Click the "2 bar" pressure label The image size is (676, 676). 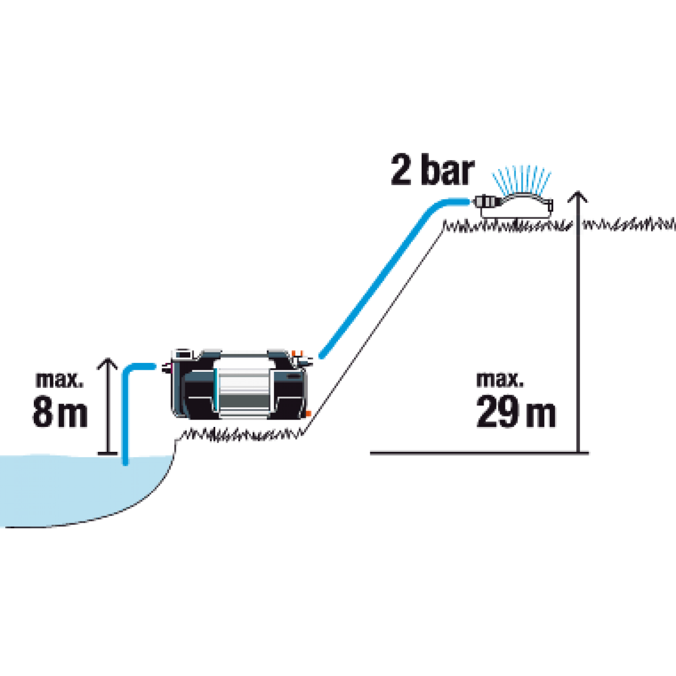tap(433, 170)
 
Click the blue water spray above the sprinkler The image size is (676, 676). tap(521, 180)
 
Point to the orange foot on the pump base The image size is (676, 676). tap(308, 413)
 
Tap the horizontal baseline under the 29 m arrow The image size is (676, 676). tap(479, 453)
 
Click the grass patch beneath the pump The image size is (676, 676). tap(241, 434)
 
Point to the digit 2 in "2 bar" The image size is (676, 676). tap(401, 170)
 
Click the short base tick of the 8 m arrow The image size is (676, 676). tap(107, 453)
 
